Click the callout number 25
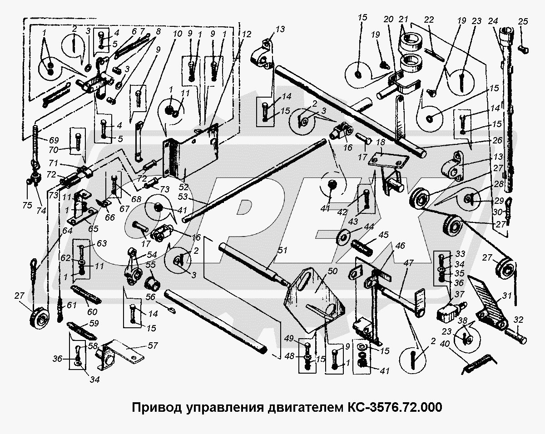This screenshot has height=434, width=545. click(x=523, y=21)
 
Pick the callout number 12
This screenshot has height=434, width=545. click(x=246, y=35)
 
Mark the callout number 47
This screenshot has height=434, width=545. click(x=409, y=263)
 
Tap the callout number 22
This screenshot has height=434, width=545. click(x=429, y=20)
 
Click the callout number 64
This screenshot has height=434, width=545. click(x=68, y=231)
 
